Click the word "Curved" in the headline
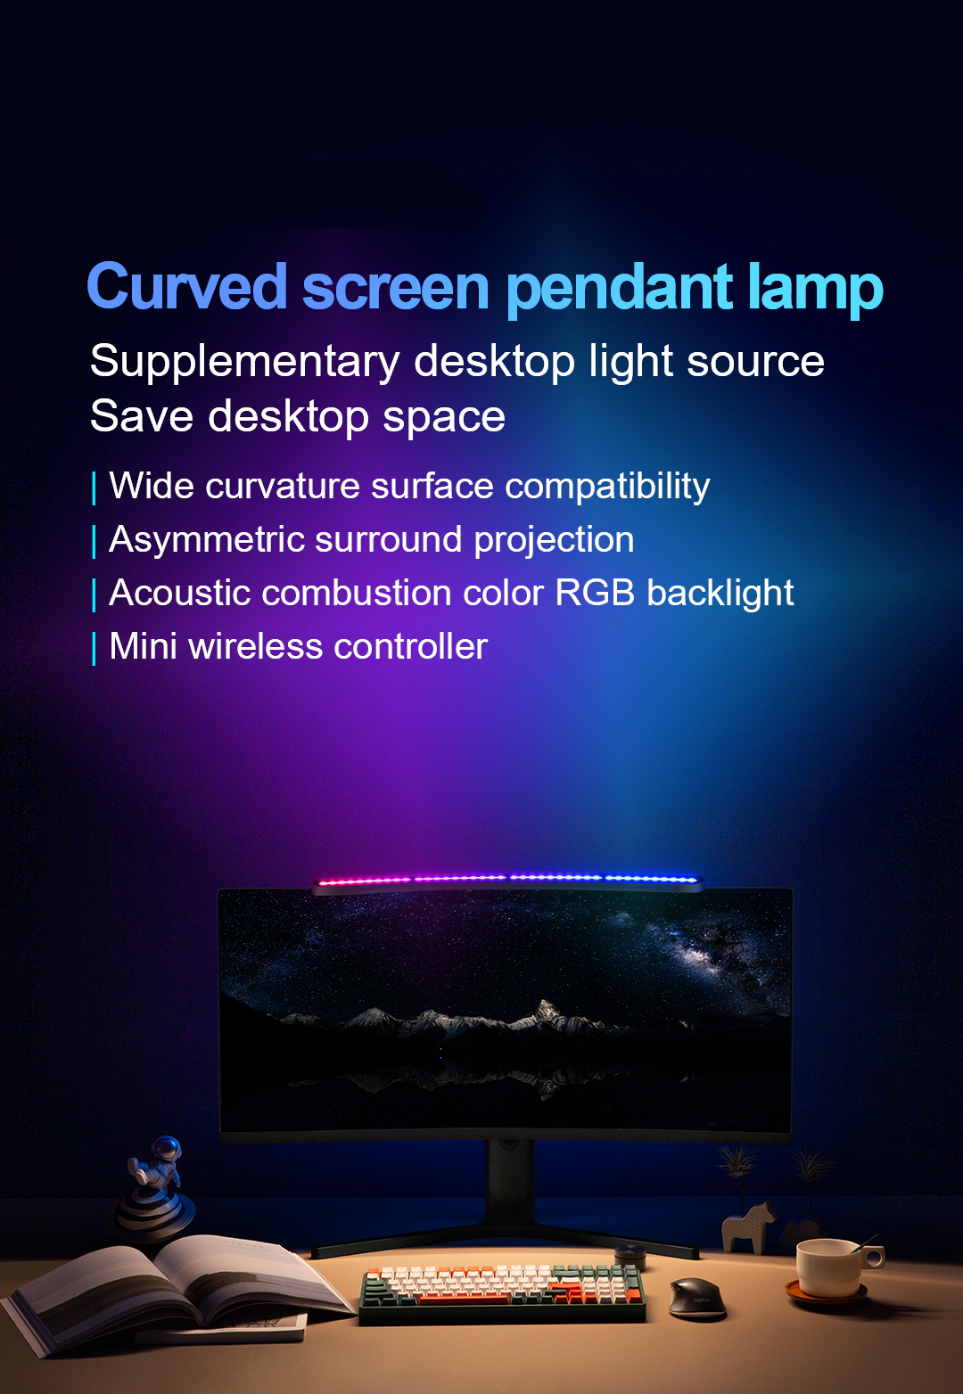coord(186,285)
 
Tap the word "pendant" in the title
coord(620,289)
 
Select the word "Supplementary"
coord(244,362)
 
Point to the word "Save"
coord(142,415)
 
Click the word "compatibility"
coord(607,487)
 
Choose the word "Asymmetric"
coord(207,539)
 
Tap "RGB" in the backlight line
coord(595,593)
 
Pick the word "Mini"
coord(144,646)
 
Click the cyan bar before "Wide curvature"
coord(94,488)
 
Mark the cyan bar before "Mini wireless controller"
coord(94,649)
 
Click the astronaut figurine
coord(156,1186)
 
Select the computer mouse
coord(697,1297)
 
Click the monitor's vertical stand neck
coord(509,1183)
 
